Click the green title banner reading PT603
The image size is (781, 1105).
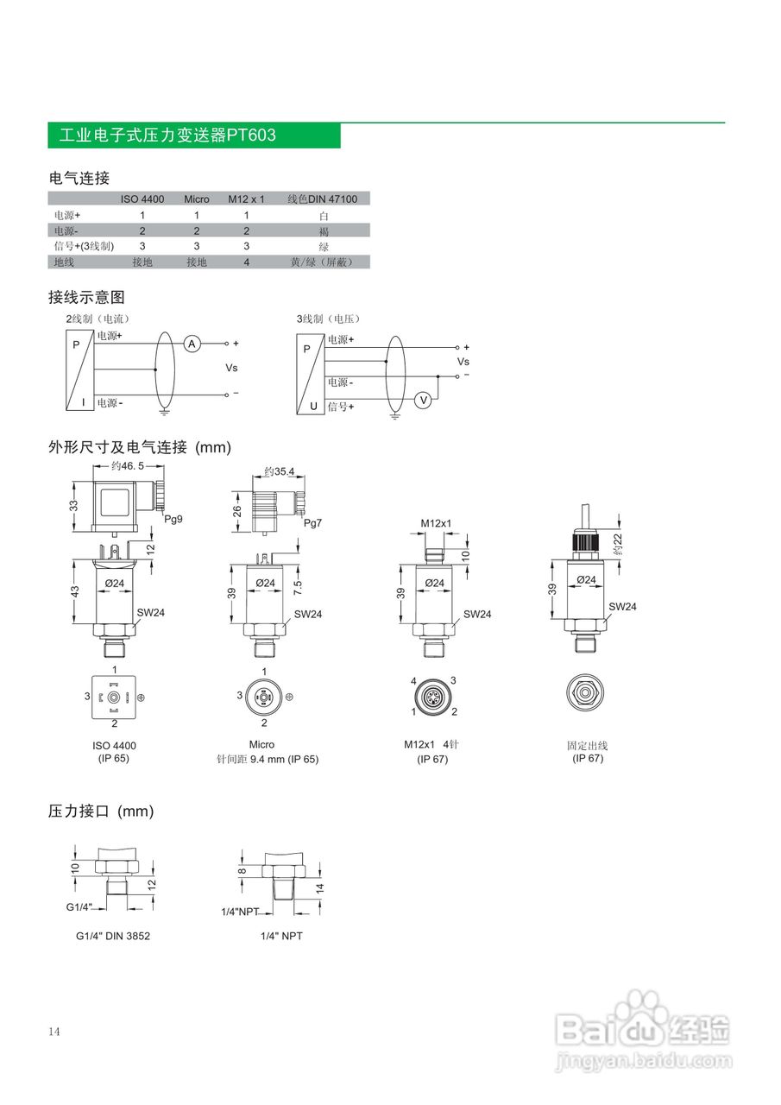[x=194, y=136]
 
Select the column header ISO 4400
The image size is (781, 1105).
[x=142, y=199]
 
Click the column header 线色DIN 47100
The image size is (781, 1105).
[x=322, y=199]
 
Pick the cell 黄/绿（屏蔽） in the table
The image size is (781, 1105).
[x=324, y=262]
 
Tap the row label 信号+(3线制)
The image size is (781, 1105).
[x=84, y=246]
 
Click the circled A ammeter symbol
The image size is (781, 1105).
[x=193, y=344]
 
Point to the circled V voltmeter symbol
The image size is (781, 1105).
[x=423, y=400]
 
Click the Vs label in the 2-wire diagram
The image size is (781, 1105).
[x=231, y=368]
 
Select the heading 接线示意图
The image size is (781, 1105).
[x=86, y=297]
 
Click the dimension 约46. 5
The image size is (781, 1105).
[x=128, y=465]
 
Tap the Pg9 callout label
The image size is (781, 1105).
[x=173, y=519]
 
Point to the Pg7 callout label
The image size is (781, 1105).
[x=312, y=524]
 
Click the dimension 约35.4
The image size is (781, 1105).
[x=280, y=471]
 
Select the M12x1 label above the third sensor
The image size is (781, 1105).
[x=436, y=523]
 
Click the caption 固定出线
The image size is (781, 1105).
[x=588, y=745]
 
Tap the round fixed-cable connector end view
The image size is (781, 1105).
[x=588, y=693]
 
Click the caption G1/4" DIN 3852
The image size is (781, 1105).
[x=113, y=936]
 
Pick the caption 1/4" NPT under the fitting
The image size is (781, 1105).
[x=281, y=936]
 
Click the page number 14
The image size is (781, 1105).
[x=54, y=1032]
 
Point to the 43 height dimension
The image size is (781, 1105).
[x=75, y=591]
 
